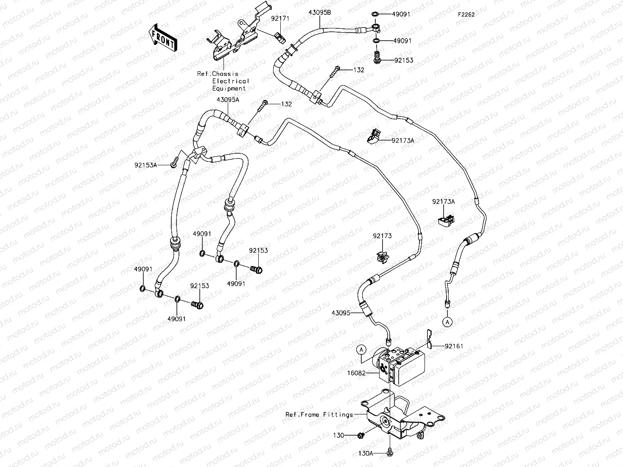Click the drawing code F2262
point(466,14)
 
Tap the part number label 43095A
point(228,100)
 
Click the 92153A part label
point(145,165)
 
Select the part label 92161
point(454,346)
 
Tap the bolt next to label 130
point(361,435)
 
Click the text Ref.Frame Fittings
point(319,414)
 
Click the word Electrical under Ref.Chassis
point(231,81)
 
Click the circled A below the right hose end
point(447,322)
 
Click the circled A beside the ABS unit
point(361,349)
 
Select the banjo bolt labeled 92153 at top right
point(376,58)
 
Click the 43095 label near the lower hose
point(341,313)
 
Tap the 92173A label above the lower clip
point(443,202)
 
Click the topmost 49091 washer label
point(401,14)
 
